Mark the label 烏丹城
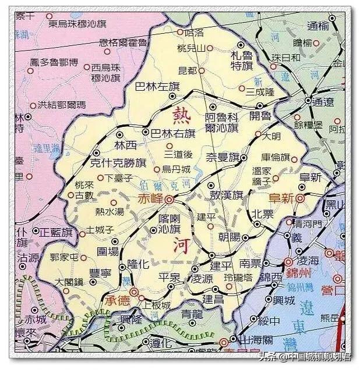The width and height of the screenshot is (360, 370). tap(177, 169)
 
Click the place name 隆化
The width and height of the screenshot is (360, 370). tap(139, 264)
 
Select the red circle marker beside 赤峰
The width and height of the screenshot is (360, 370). tap(168, 199)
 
